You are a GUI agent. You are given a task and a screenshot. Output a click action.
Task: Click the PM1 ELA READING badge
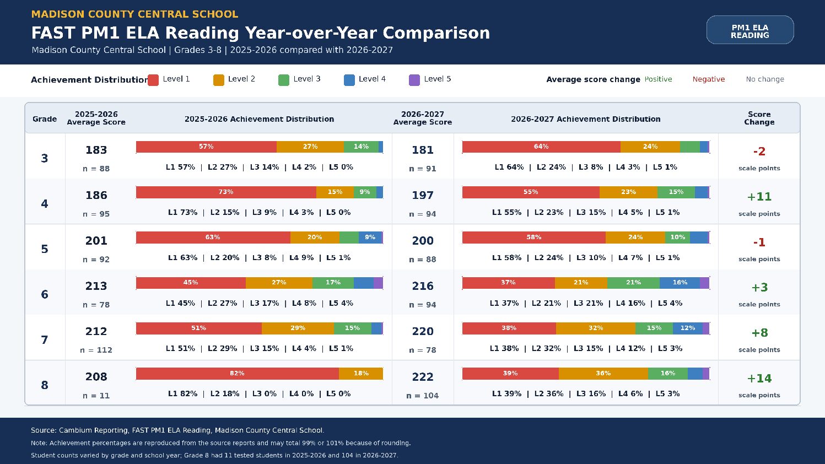tap(750, 30)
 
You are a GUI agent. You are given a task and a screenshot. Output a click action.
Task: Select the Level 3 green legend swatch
tap(284, 80)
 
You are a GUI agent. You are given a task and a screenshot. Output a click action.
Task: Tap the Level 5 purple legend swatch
tap(414, 80)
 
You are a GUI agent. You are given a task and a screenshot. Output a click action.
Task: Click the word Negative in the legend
tap(708, 79)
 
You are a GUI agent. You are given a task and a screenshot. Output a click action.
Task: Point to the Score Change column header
tap(759, 118)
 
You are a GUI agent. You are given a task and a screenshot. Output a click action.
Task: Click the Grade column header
tap(45, 119)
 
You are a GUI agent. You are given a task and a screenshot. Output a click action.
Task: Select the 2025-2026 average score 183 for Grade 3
tap(96, 150)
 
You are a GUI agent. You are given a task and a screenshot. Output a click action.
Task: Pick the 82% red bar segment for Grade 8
tap(237, 374)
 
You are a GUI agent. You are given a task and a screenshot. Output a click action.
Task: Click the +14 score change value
tap(759, 379)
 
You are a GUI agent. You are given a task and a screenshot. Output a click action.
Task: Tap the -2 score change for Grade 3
tap(759, 152)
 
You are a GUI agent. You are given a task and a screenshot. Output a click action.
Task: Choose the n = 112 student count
tap(96, 350)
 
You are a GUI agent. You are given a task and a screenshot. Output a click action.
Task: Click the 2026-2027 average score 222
tap(423, 377)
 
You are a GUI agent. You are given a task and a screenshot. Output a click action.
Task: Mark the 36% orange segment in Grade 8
tap(603, 374)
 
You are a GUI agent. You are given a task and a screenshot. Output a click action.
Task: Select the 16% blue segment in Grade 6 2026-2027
tap(680, 283)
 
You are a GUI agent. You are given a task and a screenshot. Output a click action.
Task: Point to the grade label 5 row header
tap(45, 249)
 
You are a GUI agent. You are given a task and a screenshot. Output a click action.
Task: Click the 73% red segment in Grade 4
tap(226, 192)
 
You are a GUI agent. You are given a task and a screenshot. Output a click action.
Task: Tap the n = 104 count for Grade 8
tap(423, 396)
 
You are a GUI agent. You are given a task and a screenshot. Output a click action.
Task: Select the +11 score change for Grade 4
tap(759, 197)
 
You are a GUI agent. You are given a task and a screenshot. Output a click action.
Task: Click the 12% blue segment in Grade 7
tap(688, 328)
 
